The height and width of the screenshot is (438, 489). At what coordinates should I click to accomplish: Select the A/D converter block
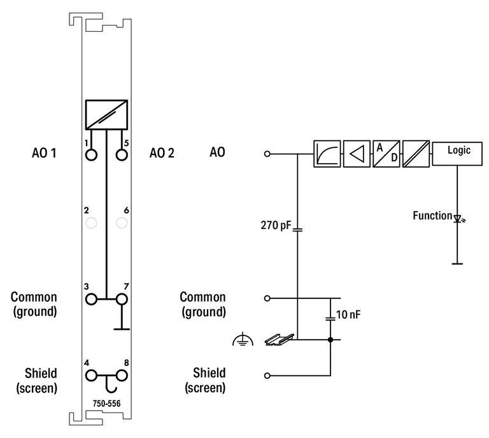click(386, 154)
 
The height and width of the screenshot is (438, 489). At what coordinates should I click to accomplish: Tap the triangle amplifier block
click(357, 154)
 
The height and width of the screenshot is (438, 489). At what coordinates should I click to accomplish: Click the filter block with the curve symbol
click(327, 154)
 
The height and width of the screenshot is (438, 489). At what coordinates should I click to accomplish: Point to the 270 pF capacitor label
click(276, 225)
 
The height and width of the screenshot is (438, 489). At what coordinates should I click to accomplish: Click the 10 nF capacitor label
click(349, 314)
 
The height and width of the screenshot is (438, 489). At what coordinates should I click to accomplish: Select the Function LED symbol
click(458, 218)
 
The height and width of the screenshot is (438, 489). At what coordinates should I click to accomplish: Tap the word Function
click(432, 215)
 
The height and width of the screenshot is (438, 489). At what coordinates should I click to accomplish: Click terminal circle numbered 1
click(92, 154)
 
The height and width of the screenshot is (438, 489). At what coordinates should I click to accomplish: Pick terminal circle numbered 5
click(122, 154)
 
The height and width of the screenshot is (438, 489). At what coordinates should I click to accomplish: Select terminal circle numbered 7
click(122, 298)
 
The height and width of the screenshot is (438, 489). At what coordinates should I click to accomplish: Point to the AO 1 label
click(44, 153)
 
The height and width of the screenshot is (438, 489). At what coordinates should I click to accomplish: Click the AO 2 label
click(162, 153)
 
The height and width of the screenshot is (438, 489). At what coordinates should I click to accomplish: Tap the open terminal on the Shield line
click(267, 375)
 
